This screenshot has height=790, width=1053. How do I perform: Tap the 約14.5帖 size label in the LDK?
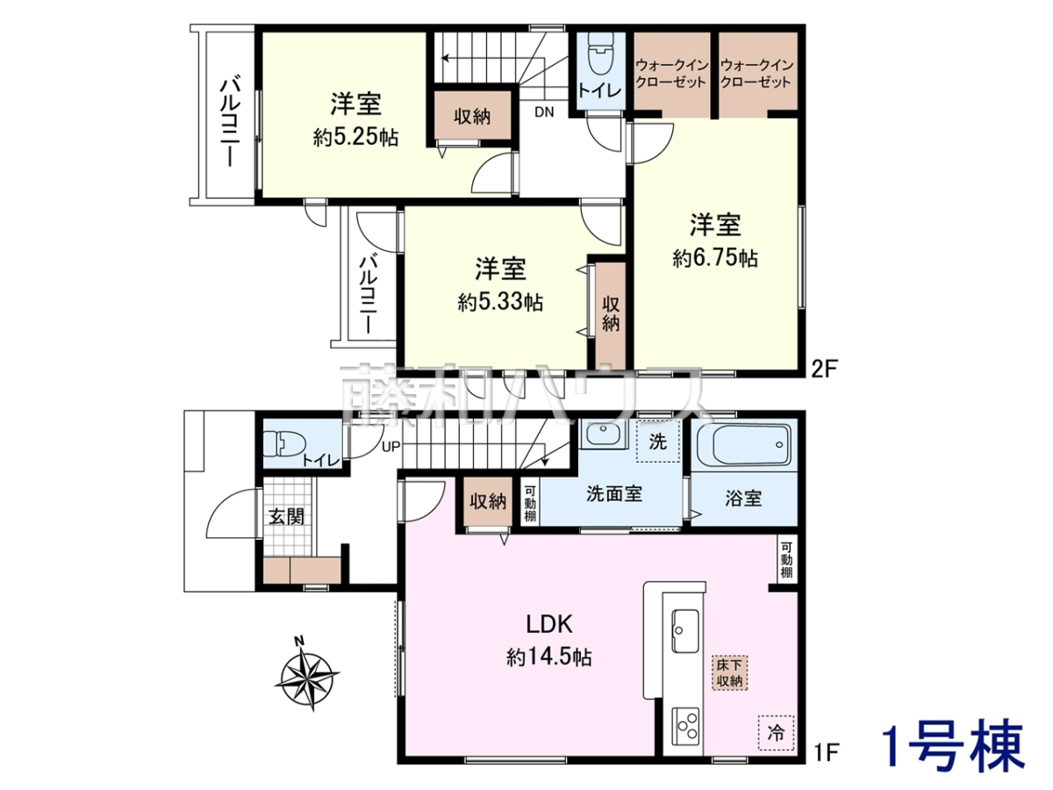tap(548, 657)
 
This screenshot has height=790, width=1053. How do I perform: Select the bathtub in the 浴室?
tap(743, 444)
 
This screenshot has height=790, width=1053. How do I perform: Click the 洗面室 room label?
tap(614, 493)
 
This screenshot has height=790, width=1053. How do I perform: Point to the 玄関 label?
tap(286, 517)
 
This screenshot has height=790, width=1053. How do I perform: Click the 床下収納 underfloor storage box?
tap(729, 672)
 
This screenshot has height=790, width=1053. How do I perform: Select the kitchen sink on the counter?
tap(684, 631)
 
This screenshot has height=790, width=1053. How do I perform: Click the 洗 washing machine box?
tap(658, 442)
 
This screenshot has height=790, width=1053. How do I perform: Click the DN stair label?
tap(544, 112)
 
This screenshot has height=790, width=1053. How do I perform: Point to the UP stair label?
tap(390, 447)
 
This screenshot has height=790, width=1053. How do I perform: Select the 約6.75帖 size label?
tap(715, 259)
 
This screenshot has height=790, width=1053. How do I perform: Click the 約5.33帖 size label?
tap(500, 303)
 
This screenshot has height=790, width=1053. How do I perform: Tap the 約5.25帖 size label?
tap(355, 138)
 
